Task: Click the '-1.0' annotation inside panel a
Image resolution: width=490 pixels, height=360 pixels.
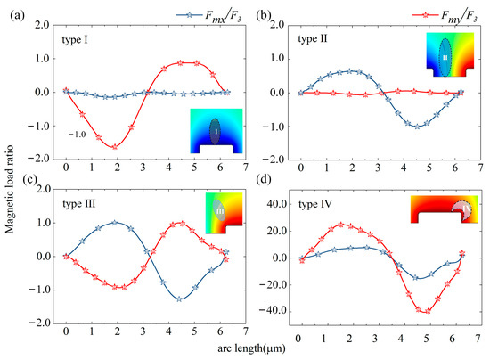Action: tap(78, 134)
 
